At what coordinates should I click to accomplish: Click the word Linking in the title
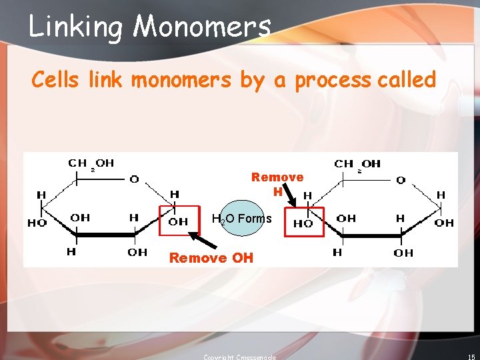click(x=76, y=27)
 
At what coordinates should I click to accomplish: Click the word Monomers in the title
click(x=202, y=27)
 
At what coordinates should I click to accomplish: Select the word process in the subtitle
click(x=332, y=81)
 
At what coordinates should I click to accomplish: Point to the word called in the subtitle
click(x=406, y=80)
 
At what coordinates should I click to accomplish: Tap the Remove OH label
click(x=211, y=258)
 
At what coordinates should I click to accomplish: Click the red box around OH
click(x=178, y=221)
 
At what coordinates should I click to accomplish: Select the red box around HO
click(x=304, y=222)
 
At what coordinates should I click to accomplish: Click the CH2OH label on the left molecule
click(x=91, y=163)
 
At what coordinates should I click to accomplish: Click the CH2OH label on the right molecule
click(x=357, y=163)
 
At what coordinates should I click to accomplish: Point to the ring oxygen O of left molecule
click(x=134, y=179)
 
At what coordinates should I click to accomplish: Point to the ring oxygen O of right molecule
click(x=401, y=179)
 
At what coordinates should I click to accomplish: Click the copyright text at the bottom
click(x=239, y=357)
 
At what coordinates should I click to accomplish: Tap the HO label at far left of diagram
click(x=36, y=223)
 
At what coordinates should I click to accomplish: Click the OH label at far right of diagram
click(x=443, y=223)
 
